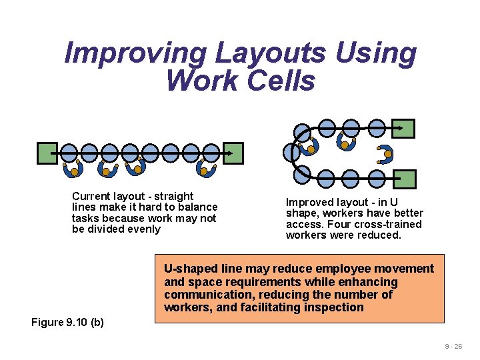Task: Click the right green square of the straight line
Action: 233,153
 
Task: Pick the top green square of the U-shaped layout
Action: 403,128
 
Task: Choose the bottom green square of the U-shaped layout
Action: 404,179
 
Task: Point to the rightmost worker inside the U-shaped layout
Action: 385,155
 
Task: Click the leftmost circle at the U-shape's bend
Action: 291,153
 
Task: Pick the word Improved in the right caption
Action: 309,203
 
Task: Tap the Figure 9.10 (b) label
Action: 67,323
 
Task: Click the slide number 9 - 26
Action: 454,347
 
